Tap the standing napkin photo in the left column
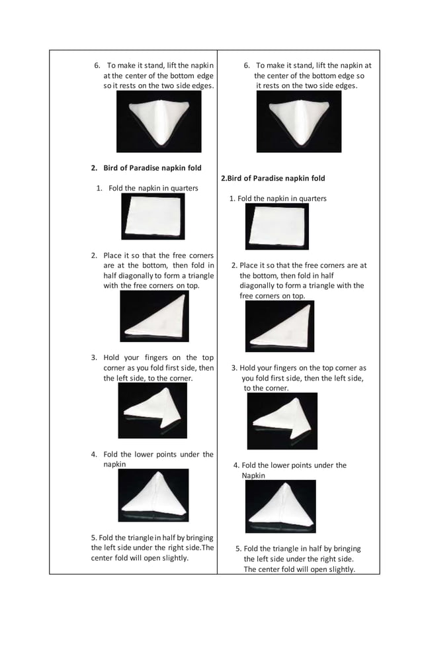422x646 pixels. coord(159,122)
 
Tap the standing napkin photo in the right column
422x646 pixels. coord(299,122)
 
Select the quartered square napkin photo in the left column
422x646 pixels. coord(153,216)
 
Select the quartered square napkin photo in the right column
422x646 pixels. coord(276,226)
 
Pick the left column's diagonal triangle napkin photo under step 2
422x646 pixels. coord(154,316)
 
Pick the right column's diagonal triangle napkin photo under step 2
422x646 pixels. coord(279,326)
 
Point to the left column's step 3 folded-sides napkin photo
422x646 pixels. coord(152,410)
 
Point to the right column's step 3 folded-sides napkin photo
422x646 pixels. coord(282,421)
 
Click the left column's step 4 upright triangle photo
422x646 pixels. coord(153,495)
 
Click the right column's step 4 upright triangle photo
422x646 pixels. coord(280,506)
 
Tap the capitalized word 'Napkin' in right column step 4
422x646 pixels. coord(253,476)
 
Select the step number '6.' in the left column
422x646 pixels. coord(97,66)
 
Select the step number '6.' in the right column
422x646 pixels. coord(247,66)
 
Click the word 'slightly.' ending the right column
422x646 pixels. coord(340,569)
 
